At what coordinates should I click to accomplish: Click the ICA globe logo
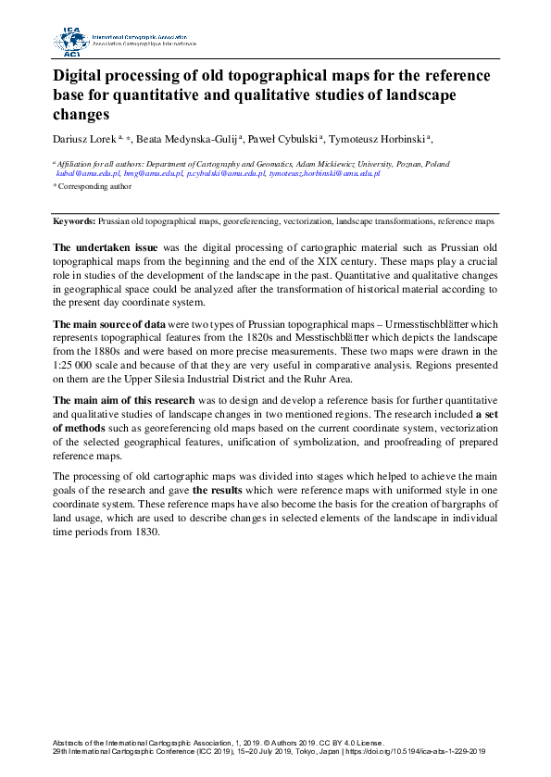[70, 40]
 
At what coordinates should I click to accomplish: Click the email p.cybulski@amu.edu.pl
[226, 173]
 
